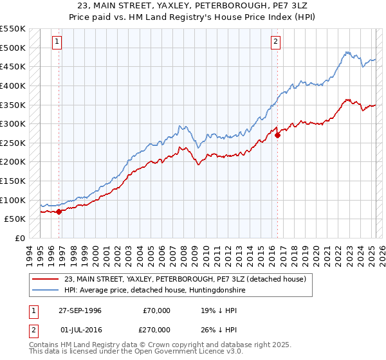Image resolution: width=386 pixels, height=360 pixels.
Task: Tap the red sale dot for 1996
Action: tap(59, 211)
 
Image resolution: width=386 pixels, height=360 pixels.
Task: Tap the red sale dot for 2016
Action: tap(277, 135)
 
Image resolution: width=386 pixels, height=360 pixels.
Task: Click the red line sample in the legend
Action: tap(46, 279)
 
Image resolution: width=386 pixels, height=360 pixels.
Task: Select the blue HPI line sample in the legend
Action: tap(46, 291)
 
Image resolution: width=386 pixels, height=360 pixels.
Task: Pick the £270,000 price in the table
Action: tap(157, 329)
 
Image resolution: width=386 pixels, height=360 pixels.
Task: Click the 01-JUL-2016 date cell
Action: tap(80, 329)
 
